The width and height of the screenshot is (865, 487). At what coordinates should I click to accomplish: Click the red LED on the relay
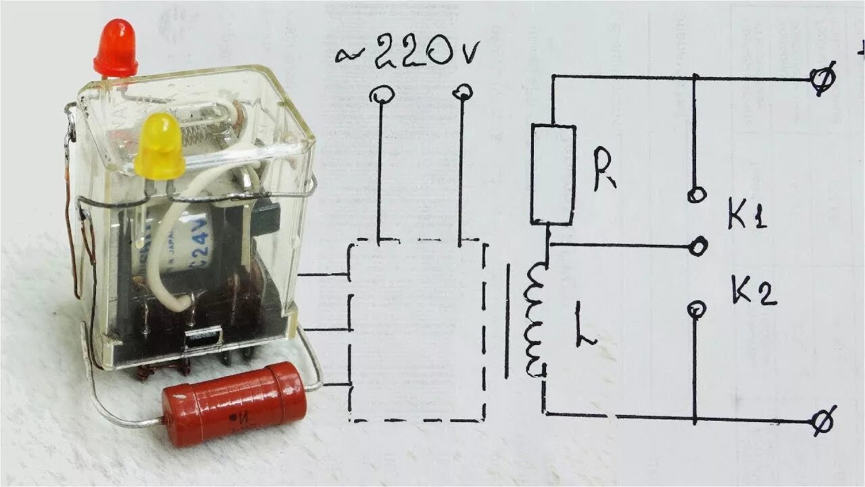click(x=116, y=48)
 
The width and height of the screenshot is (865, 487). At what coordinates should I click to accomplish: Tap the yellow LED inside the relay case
click(x=160, y=146)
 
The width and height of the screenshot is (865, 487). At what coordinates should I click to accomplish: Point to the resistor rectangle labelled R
click(x=553, y=174)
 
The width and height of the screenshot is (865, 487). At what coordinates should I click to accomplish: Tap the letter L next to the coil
click(x=585, y=326)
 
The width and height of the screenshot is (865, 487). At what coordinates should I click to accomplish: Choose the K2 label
click(x=752, y=292)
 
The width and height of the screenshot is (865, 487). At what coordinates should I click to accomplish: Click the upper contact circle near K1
click(x=695, y=195)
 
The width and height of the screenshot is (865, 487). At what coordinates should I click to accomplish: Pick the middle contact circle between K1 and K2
click(x=699, y=246)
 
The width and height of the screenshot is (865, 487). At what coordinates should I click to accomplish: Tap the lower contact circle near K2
click(x=696, y=310)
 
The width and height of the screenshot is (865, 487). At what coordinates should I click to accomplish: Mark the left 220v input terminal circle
click(x=381, y=95)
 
